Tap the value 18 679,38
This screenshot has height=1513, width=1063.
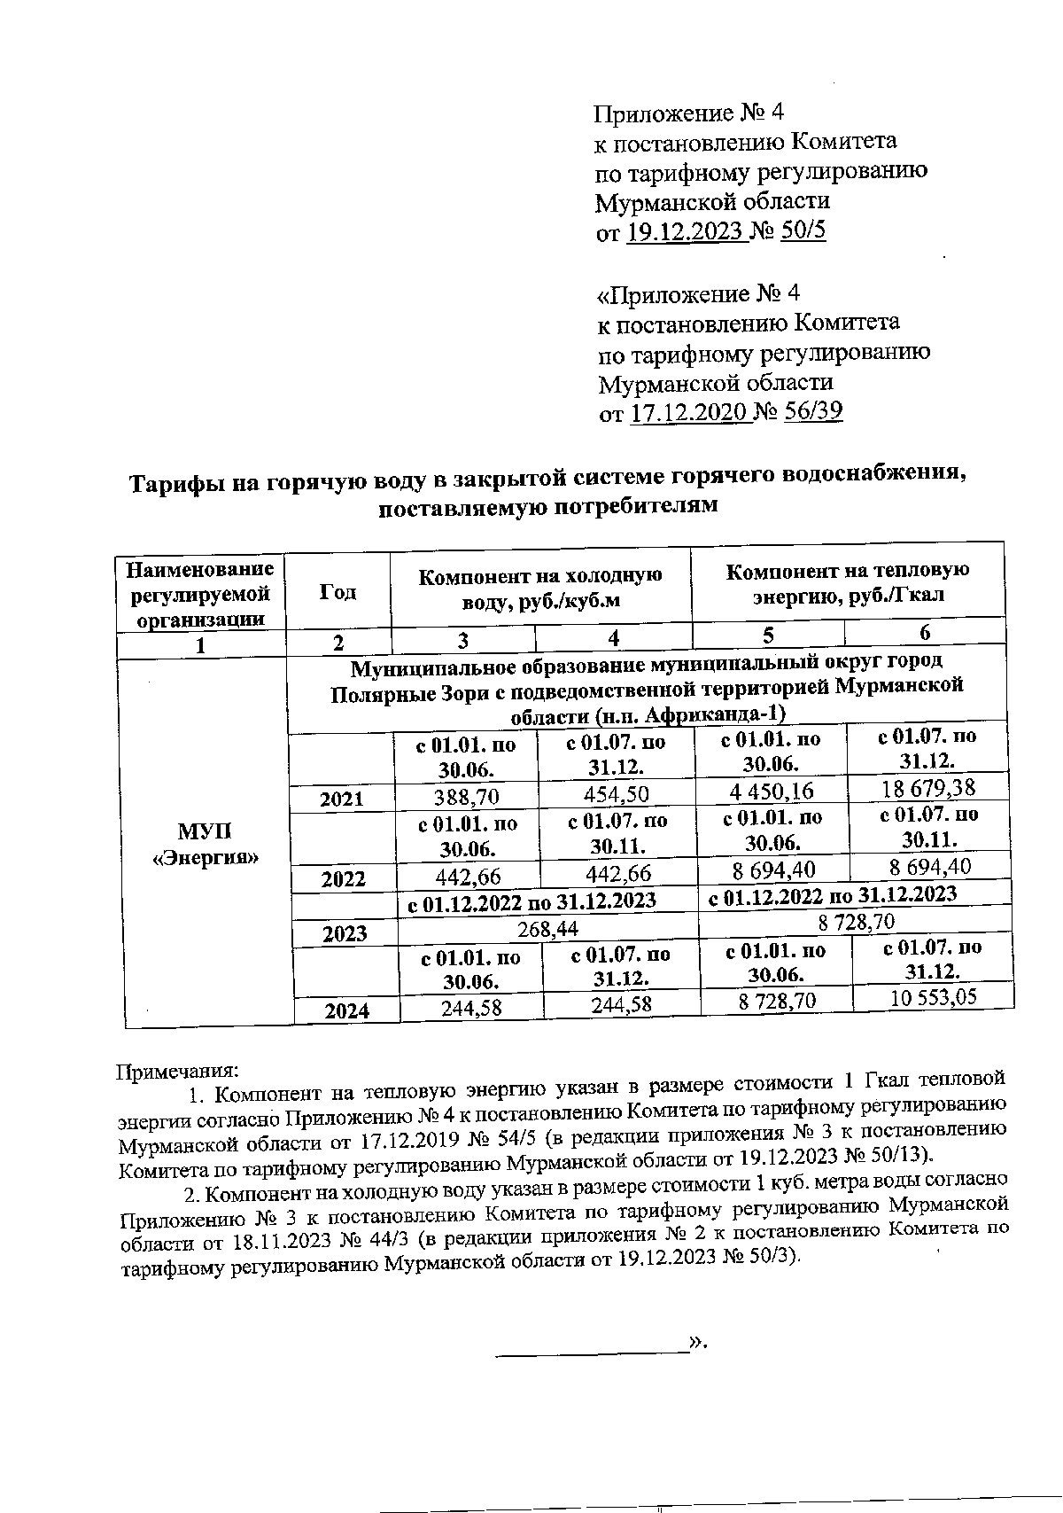pyautogui.click(x=927, y=787)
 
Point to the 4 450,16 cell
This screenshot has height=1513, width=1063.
pyautogui.click(x=768, y=791)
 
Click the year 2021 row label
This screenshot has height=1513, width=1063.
pyautogui.click(x=342, y=799)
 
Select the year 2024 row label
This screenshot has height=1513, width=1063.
pyautogui.click(x=346, y=1010)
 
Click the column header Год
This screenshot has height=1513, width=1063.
pyautogui.click(x=338, y=592)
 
